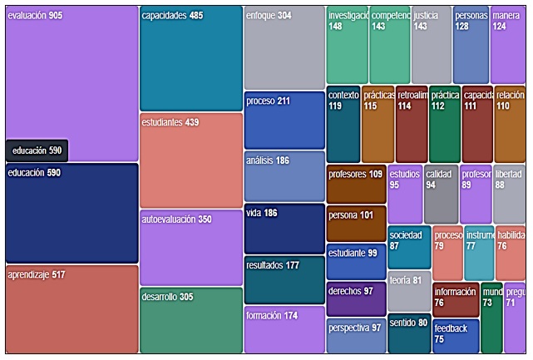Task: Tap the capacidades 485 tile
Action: click(190, 58)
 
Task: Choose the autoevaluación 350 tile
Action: click(190, 248)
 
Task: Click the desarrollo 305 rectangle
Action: click(190, 321)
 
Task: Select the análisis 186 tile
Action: click(284, 175)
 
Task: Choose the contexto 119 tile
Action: click(343, 124)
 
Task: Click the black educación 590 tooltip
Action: click(37, 150)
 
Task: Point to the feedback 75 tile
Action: click(455, 337)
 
